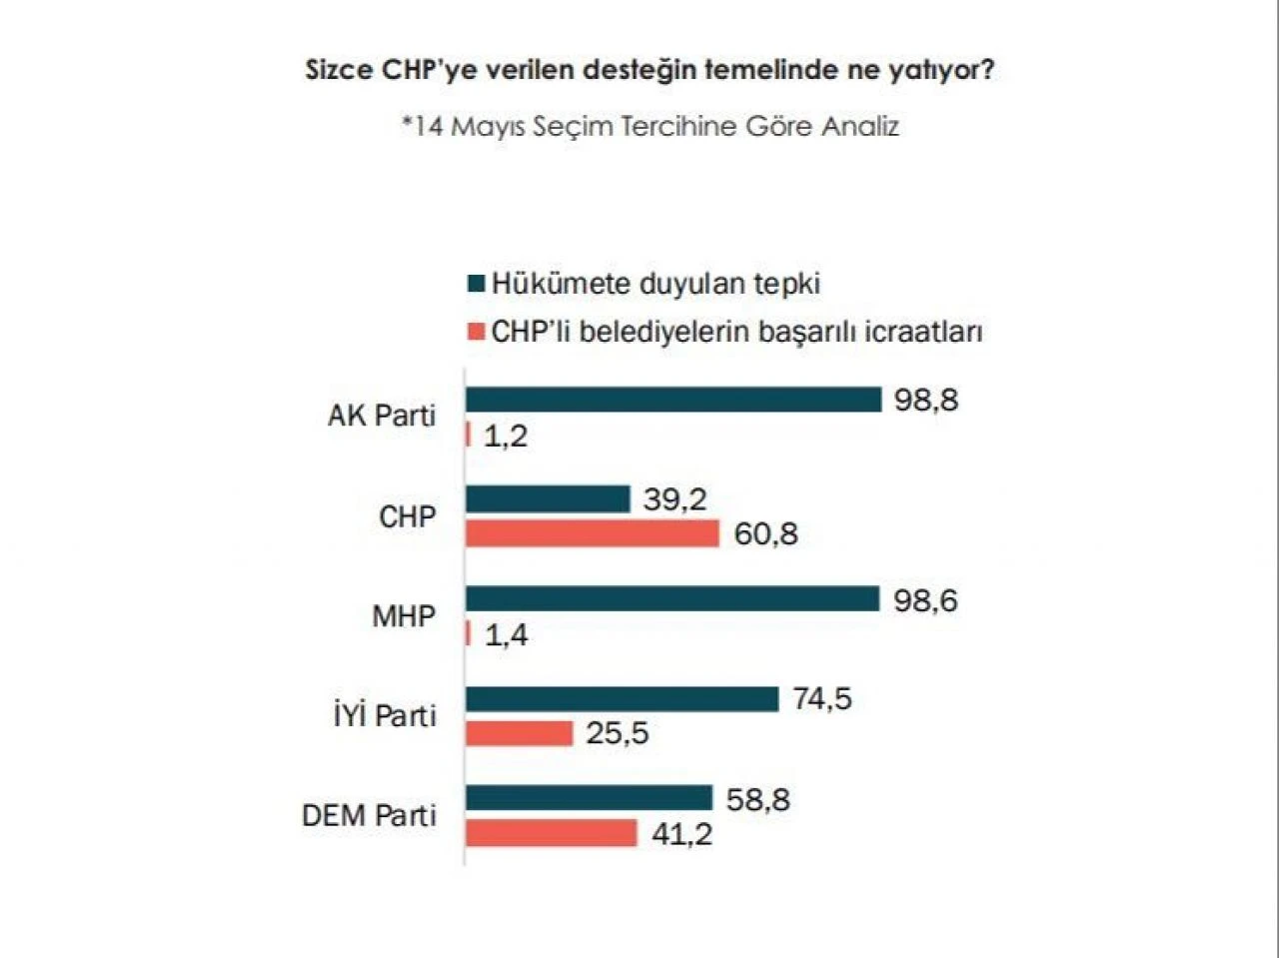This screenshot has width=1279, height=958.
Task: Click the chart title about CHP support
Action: point(649,71)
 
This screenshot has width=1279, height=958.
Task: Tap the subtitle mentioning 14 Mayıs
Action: point(649,127)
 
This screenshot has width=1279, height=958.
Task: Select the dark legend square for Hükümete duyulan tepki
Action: point(476,284)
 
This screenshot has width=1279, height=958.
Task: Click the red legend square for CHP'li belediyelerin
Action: point(476,332)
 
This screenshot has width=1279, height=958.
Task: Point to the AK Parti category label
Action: point(382,416)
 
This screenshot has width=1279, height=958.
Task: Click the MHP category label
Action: point(404,616)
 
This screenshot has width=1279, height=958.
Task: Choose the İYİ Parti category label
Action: point(385,715)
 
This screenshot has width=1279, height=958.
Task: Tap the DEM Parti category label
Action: point(370,815)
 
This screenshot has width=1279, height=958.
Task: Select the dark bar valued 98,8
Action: point(673,400)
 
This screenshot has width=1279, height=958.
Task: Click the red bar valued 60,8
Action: point(593,533)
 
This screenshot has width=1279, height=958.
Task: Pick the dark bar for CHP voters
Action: point(548,498)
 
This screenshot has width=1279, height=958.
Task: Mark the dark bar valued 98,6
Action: point(672,599)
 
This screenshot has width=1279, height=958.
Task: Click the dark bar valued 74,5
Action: point(622,699)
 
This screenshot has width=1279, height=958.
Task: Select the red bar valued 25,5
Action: point(520,733)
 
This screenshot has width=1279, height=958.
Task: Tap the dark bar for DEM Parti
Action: point(589,798)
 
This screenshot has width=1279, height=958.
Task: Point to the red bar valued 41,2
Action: point(552,833)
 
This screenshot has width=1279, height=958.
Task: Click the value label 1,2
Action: point(506,437)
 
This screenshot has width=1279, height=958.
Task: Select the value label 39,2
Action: point(674,498)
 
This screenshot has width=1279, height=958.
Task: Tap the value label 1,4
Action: point(507,635)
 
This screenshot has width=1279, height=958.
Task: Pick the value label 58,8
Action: point(757,800)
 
